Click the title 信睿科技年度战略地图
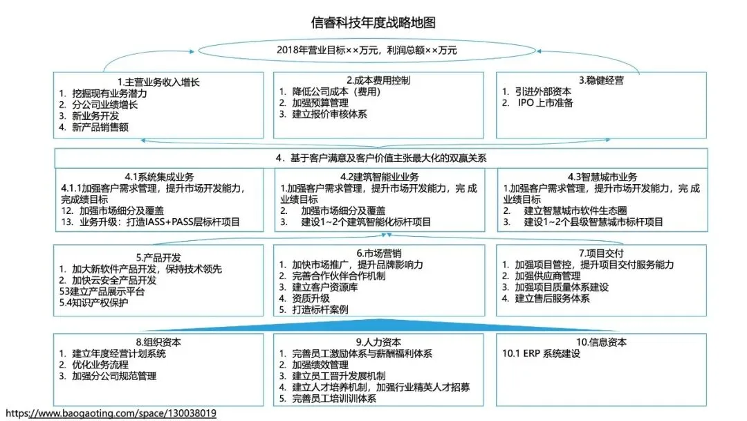tap(373, 23)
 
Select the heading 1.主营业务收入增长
tap(158, 81)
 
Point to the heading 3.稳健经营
tap(601, 80)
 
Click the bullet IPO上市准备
tap(546, 103)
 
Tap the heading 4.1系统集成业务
tap(158, 177)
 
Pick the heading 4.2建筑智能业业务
tap(378, 177)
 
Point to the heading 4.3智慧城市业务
tap(601, 177)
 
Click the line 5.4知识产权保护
tap(93, 303)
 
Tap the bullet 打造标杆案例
tap(320, 310)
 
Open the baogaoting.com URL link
tap(111, 413)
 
